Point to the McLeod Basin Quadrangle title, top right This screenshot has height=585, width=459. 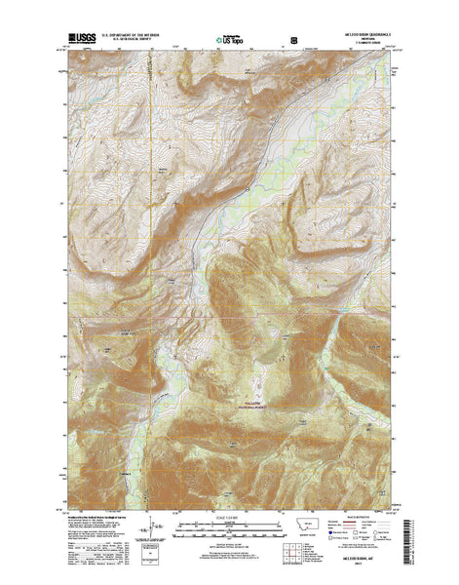[x=367, y=38]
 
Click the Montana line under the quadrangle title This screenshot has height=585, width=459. [x=367, y=43]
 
